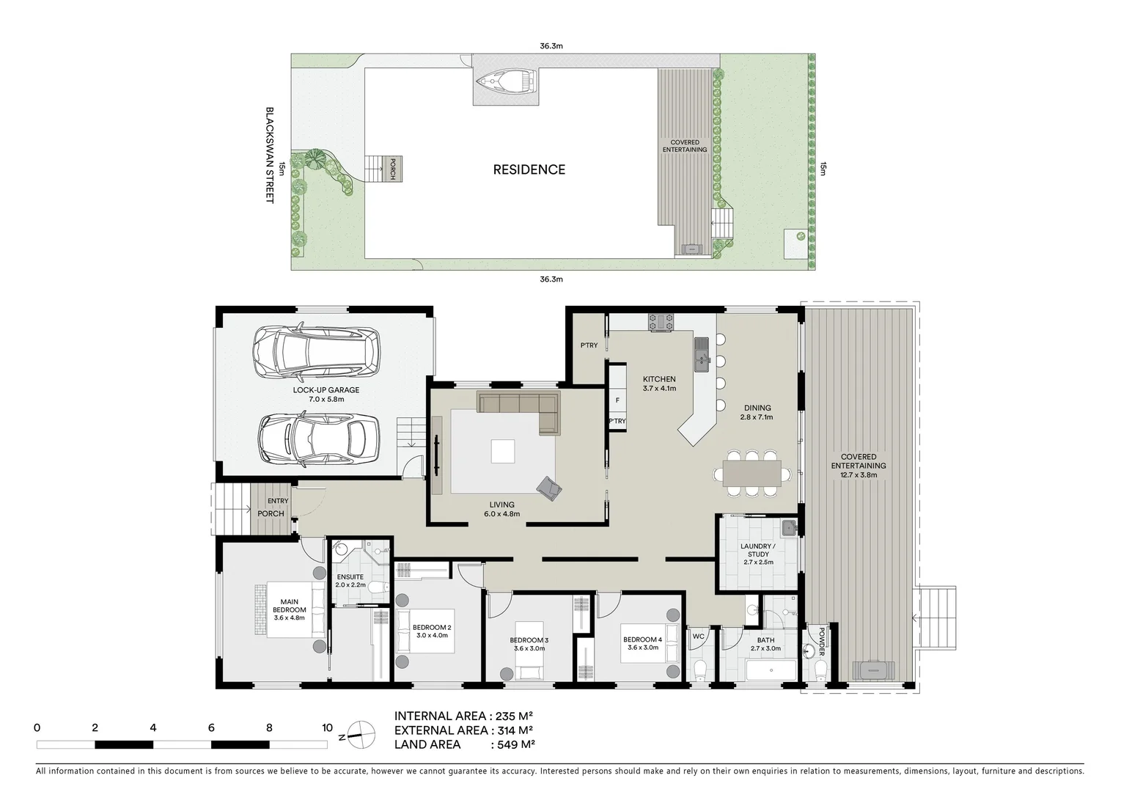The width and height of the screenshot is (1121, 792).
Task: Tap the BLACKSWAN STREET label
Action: point(269,155)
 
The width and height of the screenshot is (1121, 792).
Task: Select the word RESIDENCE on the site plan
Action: point(529,169)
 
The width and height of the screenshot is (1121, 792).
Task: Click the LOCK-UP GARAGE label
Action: point(326,390)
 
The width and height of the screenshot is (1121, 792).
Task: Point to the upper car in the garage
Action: point(317,351)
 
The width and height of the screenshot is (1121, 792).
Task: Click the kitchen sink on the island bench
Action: point(702,352)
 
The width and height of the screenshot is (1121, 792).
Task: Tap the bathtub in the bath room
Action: point(770,670)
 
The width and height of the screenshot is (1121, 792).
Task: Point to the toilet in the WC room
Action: point(699,669)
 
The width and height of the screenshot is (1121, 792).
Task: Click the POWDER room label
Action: point(821,642)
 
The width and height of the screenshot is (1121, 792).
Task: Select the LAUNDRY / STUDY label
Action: point(758,554)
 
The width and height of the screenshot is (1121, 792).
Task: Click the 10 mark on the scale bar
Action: point(327,728)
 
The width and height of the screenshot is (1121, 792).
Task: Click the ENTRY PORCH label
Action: point(273,507)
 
